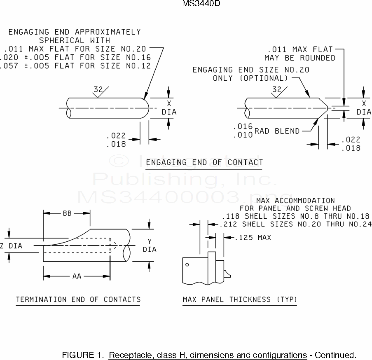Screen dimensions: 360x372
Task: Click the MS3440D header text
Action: pos(199,5)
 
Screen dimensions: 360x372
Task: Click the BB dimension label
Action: pos(67,213)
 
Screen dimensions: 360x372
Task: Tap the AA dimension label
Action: pos(77,276)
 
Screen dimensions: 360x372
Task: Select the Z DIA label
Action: pos(11,246)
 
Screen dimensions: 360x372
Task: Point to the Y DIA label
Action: pos(150,245)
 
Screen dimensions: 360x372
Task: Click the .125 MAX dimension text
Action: pos(253,238)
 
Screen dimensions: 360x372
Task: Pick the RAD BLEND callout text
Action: pos(277,131)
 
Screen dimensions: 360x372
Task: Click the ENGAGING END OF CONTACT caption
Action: pos(204,162)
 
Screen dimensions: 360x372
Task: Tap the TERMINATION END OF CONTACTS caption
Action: pos(78,299)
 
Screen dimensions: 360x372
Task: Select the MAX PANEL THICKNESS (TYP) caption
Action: pos(240,299)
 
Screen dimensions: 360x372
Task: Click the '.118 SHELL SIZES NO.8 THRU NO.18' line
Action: pos(295,216)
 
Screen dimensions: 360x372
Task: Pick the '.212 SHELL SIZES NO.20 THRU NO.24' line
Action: pos(295,224)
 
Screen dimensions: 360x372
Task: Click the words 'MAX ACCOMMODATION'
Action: pos(295,201)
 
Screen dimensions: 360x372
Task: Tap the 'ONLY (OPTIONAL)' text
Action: pos(250,78)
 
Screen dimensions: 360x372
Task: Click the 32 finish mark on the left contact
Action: pos(98,89)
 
